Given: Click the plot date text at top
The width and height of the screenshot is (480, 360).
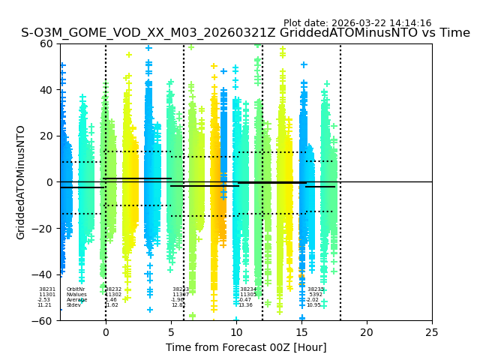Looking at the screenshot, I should [357, 23].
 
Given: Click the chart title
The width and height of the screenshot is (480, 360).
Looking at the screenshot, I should [245, 33].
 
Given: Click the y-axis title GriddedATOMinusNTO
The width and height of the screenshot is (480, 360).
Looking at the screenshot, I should [21, 182].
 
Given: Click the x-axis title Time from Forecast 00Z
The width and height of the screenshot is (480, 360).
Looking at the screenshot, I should [246, 347].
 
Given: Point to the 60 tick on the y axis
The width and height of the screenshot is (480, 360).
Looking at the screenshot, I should [46, 43].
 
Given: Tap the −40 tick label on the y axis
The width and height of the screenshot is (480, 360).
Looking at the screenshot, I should [43, 274].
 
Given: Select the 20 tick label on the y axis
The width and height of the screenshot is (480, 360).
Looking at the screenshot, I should [46, 136].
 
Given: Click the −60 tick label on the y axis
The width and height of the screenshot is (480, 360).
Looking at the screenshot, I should [43, 321].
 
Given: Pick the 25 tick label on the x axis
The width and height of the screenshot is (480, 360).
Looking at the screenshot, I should [432, 332].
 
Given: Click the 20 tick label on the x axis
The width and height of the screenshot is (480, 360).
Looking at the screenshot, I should [367, 332].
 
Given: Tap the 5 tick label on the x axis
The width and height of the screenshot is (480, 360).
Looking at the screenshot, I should [171, 332].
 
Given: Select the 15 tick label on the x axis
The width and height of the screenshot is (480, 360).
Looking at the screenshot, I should [301, 332].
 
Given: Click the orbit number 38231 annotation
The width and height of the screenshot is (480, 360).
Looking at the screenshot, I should [47, 289].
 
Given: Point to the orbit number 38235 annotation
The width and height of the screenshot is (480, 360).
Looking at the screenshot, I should [316, 289].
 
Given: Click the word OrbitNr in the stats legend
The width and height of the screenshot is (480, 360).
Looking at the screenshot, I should [76, 289].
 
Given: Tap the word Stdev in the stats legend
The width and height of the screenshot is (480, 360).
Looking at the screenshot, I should [73, 305].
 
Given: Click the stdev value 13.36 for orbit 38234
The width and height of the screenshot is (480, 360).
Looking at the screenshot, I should [246, 305].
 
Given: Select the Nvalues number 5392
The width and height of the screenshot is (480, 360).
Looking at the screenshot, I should [316, 295].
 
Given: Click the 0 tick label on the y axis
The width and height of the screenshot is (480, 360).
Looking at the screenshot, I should [50, 182].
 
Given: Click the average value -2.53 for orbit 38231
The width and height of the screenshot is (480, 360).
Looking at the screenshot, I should [44, 300].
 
